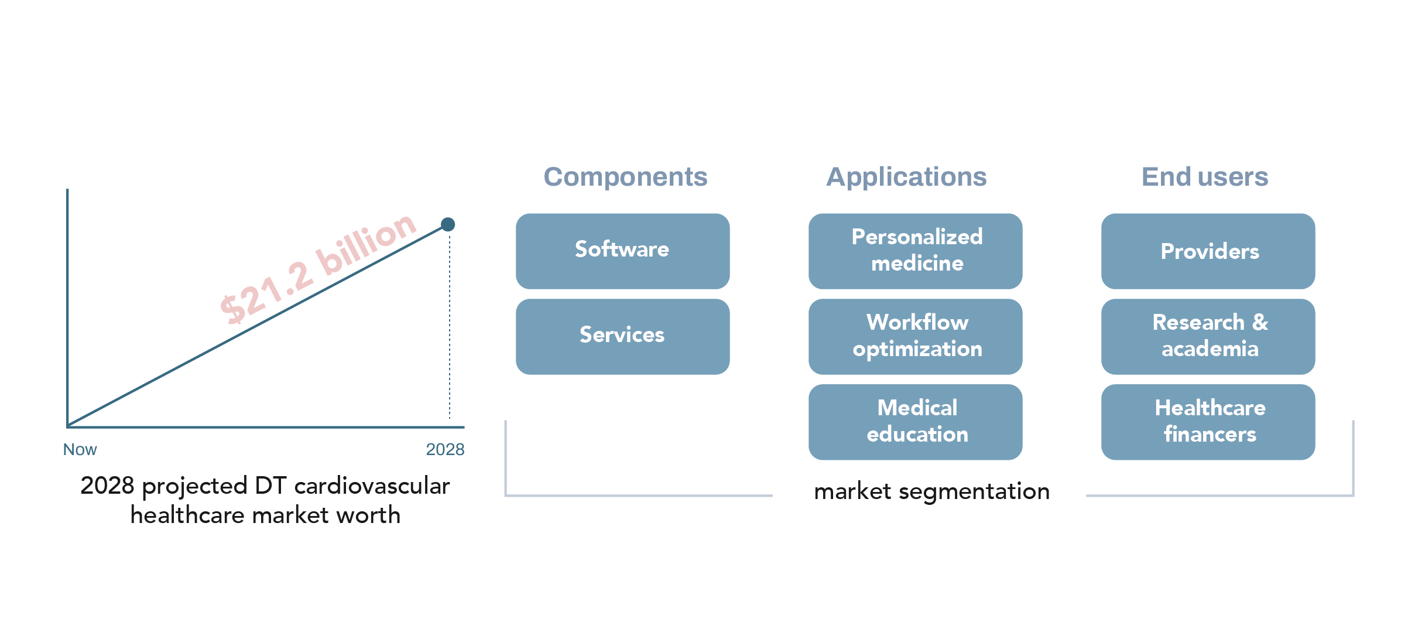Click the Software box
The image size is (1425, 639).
tap(622, 251)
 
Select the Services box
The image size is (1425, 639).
tap(622, 336)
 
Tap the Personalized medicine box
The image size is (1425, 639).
tap(915, 251)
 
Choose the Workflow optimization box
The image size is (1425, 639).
tap(915, 336)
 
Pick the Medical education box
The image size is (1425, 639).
tap(915, 422)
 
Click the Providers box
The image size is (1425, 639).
tap(1208, 251)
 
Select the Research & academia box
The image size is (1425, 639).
tap(1208, 336)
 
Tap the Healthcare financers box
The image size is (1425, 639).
tap(1208, 422)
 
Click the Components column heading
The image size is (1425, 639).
tap(625, 177)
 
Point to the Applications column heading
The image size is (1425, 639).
tap(906, 177)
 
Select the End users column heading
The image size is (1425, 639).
tap(1205, 177)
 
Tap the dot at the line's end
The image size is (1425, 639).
tap(448, 224)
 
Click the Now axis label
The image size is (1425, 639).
tap(80, 450)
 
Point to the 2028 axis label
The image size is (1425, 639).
tap(445, 450)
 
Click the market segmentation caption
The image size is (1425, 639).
tap(931, 491)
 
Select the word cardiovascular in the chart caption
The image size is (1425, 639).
tap(372, 486)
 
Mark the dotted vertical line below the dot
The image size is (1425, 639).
tap(450, 328)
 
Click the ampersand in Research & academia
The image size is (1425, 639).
tap(1260, 322)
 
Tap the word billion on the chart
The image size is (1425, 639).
tap(366, 242)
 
